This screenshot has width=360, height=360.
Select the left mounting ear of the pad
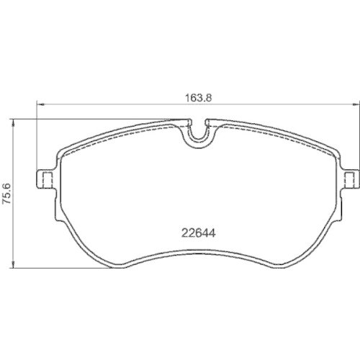pyautogui.click(x=45, y=179)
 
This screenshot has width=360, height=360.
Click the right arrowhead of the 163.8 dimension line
pyautogui.click(x=352, y=104)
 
